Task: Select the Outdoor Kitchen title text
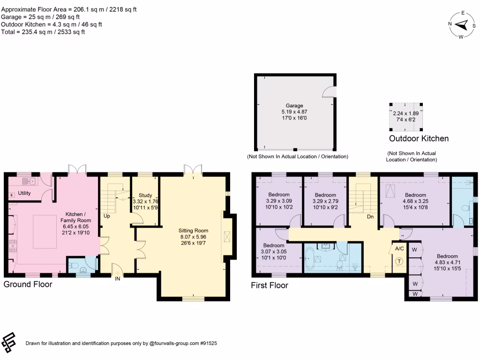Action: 419,139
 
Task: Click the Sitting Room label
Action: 193,231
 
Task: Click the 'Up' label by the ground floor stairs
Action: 107,216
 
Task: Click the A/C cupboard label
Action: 399,248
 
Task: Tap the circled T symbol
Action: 399,262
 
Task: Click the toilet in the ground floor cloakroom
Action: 74,266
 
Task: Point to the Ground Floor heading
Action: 28,284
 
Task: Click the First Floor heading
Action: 269,285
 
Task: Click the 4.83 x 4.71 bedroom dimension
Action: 447,262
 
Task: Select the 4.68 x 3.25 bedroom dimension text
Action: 415,201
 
